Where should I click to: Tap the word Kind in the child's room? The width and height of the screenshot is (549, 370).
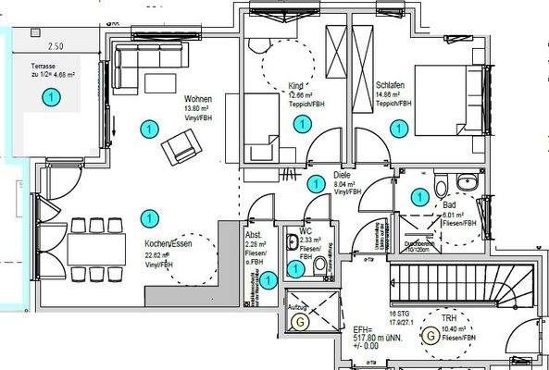[270, 85]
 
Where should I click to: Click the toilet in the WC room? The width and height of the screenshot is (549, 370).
[320, 267]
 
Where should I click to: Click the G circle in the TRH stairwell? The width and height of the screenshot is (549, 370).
[430, 337]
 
